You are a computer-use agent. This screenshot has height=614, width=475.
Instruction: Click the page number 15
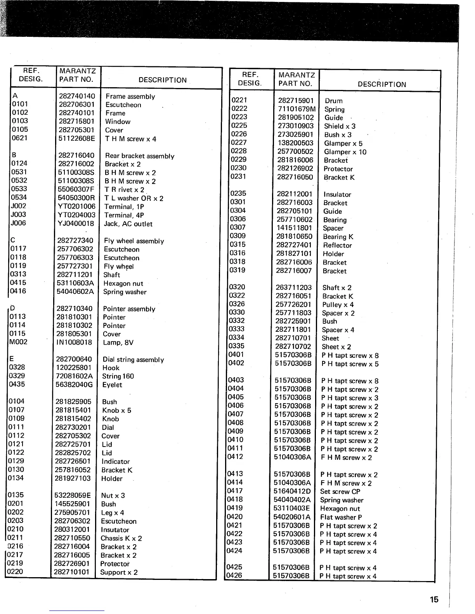(434, 599)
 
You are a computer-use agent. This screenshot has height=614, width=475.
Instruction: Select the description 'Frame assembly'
(130, 97)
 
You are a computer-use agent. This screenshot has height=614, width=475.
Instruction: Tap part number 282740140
(77, 96)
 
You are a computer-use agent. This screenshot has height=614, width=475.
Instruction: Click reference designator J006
(19, 223)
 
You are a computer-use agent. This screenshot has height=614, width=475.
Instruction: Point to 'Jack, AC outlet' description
(128, 224)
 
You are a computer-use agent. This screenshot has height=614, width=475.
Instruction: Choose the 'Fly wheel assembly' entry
(134, 241)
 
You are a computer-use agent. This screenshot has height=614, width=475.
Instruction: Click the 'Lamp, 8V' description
(118, 343)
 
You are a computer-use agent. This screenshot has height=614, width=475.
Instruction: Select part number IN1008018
(74, 342)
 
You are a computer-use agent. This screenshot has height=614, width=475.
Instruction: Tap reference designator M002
(18, 342)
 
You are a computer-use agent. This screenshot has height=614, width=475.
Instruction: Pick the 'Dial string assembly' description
(133, 360)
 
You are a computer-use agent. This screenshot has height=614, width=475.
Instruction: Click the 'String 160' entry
(118, 376)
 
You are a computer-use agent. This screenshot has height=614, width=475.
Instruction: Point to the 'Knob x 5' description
(116, 410)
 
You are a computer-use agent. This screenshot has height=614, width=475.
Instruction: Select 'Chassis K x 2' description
(121, 538)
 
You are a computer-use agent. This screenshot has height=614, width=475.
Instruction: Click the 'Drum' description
(333, 101)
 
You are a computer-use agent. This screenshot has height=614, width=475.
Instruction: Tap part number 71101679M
(296, 109)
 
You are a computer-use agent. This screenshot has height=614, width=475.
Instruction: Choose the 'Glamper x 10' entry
(345, 152)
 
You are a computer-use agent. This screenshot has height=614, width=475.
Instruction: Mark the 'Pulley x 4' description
(338, 305)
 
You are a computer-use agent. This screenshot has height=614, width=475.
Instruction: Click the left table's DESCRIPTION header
(162, 80)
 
